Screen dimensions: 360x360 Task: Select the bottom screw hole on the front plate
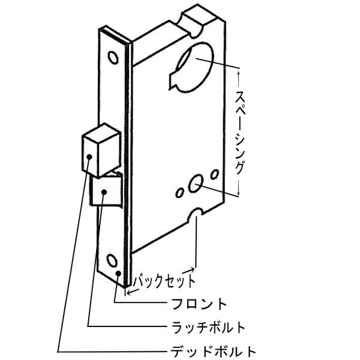point(112,260)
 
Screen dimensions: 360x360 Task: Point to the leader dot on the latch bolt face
point(104,191)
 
